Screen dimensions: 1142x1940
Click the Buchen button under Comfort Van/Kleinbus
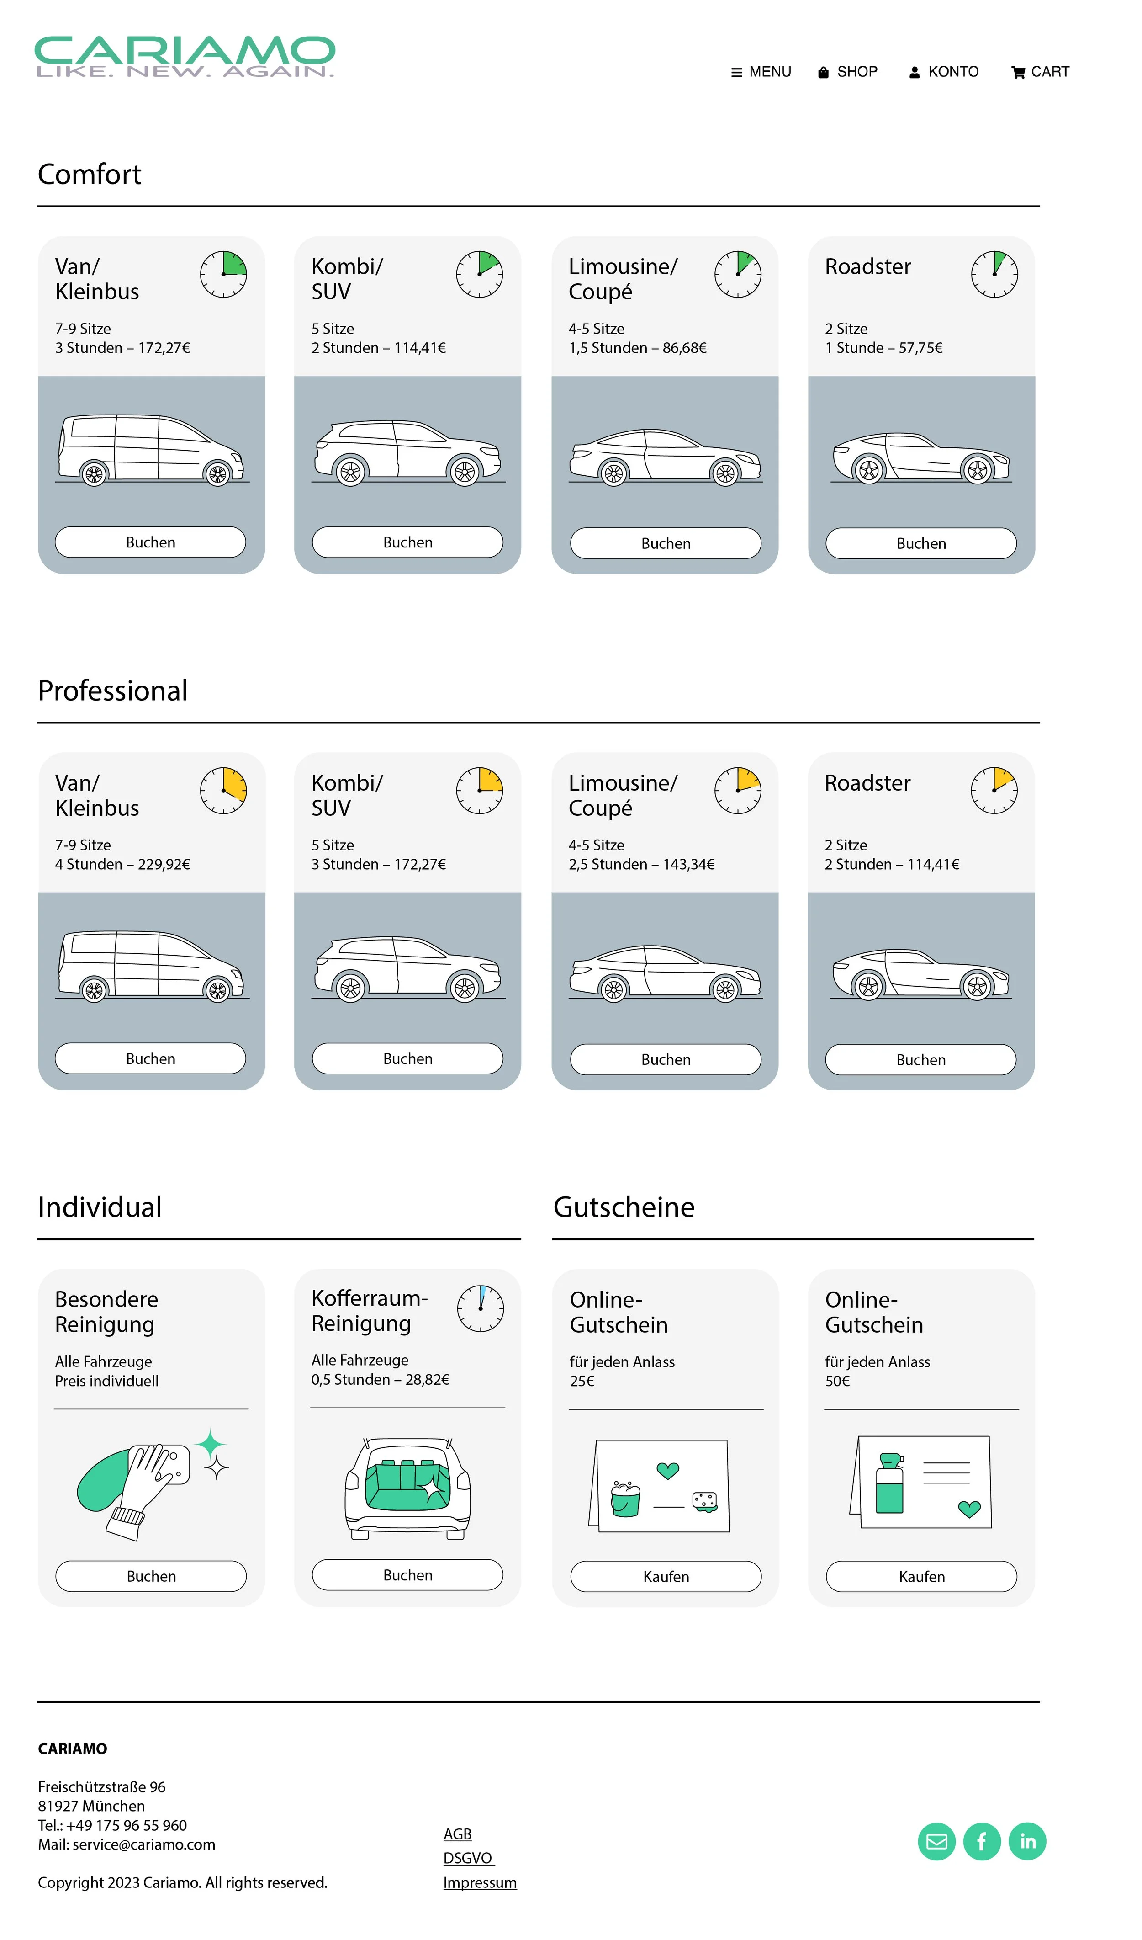click(x=151, y=542)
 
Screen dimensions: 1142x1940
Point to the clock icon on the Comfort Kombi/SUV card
click(x=480, y=274)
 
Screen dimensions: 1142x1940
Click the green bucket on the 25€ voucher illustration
click(x=625, y=1499)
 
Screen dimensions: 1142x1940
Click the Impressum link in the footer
click(x=480, y=1882)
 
